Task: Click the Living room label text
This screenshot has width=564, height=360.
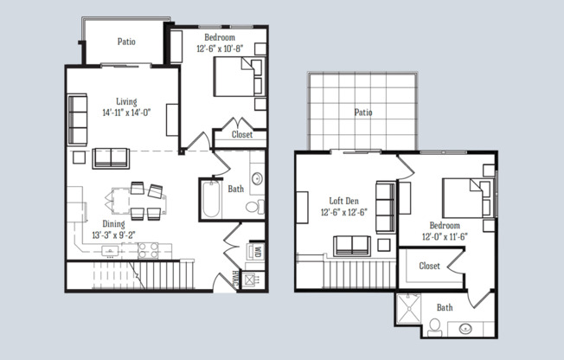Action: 126,101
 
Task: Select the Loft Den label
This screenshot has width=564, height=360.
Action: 343,200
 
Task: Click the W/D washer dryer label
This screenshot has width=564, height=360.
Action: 257,252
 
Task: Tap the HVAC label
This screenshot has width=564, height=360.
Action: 234,280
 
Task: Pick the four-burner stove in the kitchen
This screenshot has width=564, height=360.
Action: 148,250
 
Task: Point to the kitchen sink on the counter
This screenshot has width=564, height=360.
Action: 112,251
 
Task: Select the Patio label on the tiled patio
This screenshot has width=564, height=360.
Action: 363,112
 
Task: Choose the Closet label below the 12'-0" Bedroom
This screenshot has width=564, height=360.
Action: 429,266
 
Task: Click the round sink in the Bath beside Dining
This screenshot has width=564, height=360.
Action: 257,180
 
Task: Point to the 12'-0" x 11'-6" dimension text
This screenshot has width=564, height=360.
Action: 445,236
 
